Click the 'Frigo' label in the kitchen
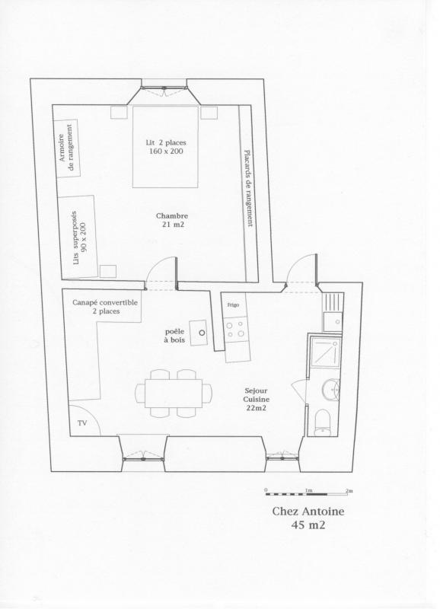234,305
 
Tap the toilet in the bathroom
322,422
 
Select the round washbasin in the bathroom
330,389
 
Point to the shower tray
326,352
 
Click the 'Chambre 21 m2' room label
172,220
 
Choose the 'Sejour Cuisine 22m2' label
257,399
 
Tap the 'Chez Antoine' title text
308,511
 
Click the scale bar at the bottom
309,493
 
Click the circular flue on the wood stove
202,333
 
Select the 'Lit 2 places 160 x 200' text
166,147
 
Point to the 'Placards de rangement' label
248,188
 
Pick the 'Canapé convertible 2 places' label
105,307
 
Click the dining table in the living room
174,393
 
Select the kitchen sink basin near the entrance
333,321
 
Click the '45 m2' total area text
308,525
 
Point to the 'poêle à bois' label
175,336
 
